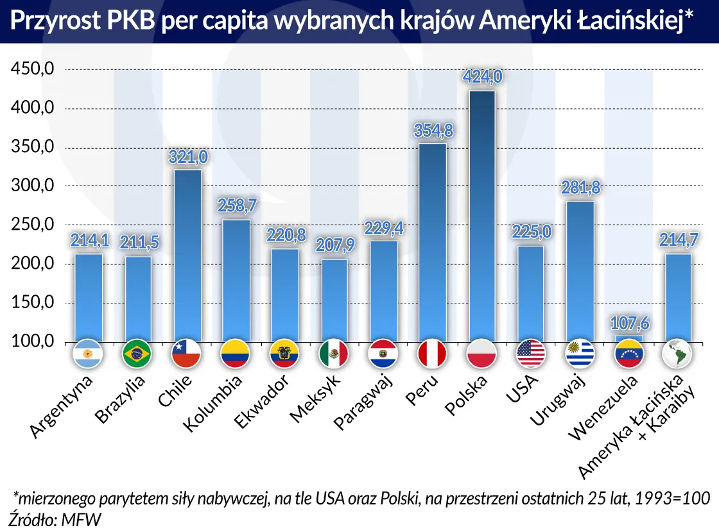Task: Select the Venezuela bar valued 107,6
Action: point(628,338)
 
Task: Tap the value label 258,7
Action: point(236,206)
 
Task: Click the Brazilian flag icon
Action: point(137,354)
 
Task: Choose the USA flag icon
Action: point(530,354)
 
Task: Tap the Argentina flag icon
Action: point(89,354)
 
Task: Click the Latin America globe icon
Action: point(677,354)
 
